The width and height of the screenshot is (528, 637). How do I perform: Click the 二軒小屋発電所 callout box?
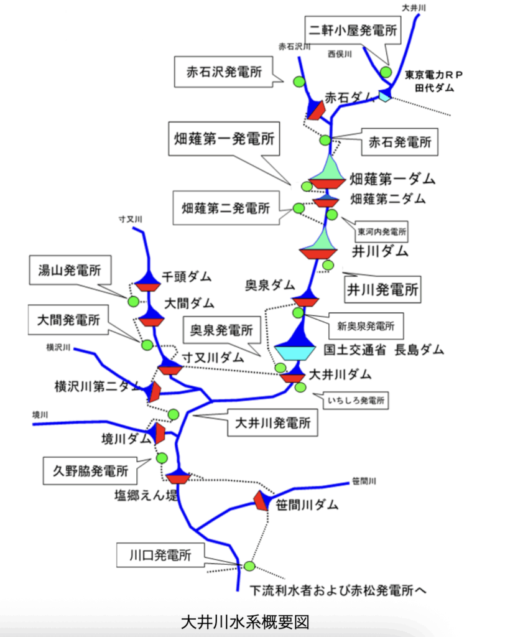coord(353,29)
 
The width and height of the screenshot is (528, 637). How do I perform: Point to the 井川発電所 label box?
coord(382,289)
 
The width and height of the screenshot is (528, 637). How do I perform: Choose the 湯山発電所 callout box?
coord(70,271)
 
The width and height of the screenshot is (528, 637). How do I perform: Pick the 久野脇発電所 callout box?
coord(90,471)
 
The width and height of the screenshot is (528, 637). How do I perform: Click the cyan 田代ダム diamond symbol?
coord(384,96)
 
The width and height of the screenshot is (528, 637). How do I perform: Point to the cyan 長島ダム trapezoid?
coord(300,352)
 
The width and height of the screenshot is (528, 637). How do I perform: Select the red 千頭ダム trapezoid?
coord(149,287)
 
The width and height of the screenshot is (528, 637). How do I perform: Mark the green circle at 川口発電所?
coord(249,565)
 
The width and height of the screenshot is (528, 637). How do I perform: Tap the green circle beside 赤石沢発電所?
coord(299,81)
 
